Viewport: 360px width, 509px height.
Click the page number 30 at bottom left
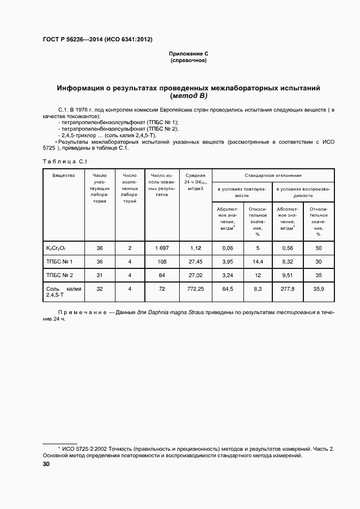click(x=46, y=464)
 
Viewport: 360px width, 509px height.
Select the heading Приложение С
click(x=189, y=54)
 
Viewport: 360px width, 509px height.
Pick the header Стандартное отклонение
click(x=273, y=175)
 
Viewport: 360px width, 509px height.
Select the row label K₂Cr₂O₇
click(x=56, y=248)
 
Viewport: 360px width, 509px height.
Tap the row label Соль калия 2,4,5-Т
click(x=64, y=292)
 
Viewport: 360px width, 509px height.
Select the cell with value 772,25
click(x=195, y=289)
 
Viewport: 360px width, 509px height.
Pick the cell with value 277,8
click(x=288, y=289)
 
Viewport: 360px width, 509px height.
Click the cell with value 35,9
click(x=319, y=289)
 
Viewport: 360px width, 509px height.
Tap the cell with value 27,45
click(x=195, y=261)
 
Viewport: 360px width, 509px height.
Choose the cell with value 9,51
click(x=288, y=275)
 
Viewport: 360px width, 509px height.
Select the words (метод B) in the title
click(x=189, y=96)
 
